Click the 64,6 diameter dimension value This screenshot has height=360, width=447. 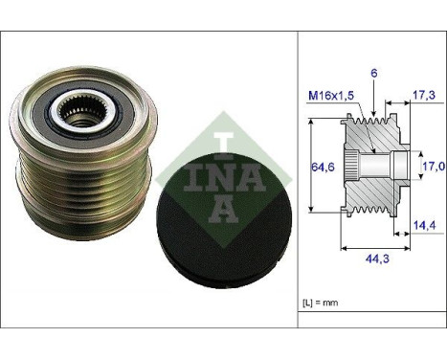click(x=323, y=167)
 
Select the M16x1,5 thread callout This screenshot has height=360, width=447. click(x=331, y=95)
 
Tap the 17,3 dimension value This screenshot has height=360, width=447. click(x=424, y=95)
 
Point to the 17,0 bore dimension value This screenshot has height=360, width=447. click(x=434, y=166)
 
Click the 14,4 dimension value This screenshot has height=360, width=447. click(x=425, y=225)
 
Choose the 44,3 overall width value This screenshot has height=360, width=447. click(x=377, y=259)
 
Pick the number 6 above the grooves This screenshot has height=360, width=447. click(x=374, y=74)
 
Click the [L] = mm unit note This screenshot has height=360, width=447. click(x=320, y=303)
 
